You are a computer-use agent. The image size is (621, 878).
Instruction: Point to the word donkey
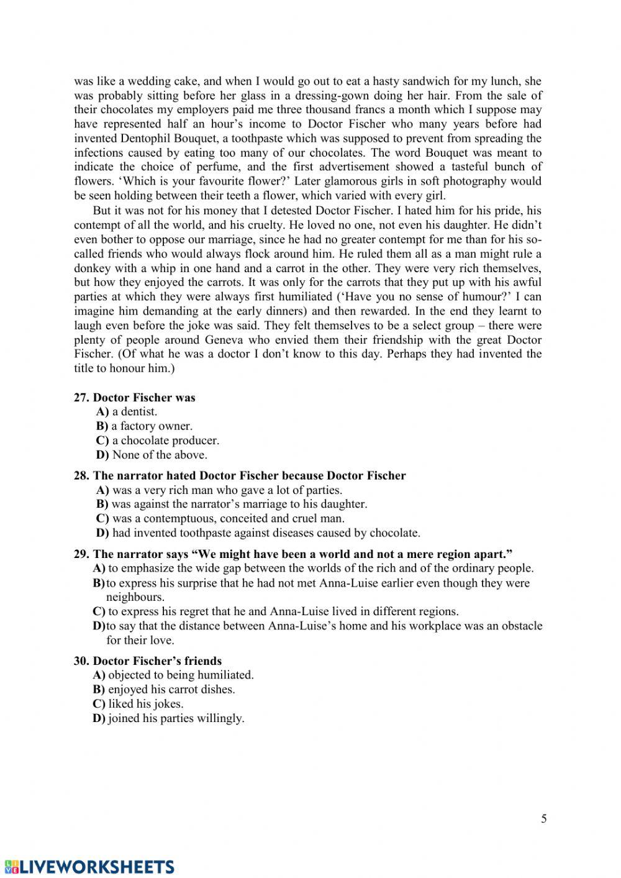[93, 268]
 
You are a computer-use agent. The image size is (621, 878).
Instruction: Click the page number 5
[544, 818]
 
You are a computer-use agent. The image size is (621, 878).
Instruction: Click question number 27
[81, 398]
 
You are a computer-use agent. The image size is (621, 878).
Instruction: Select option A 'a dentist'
[127, 412]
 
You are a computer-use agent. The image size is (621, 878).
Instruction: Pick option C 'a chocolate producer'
[158, 441]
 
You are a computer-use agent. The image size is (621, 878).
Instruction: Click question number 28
[81, 476]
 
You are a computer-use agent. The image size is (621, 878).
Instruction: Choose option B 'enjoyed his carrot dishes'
[164, 690]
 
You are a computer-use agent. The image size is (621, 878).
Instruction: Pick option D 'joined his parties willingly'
[168, 718]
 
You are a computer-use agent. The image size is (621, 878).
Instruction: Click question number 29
[81, 554]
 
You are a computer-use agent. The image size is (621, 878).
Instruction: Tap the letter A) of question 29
[99, 569]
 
